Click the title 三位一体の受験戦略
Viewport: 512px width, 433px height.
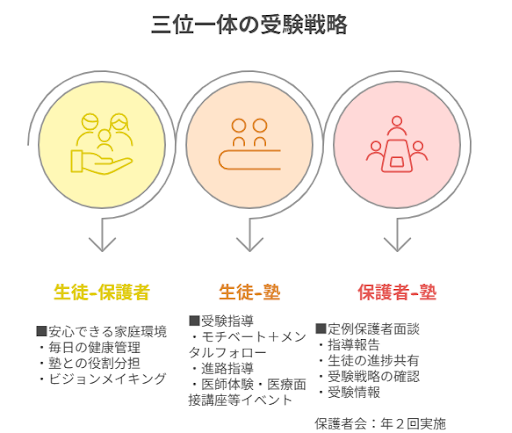[x=249, y=25]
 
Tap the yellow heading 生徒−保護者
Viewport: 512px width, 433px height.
[x=102, y=292]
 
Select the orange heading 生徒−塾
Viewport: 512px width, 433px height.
[x=250, y=292]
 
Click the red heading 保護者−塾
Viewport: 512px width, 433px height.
[x=397, y=292]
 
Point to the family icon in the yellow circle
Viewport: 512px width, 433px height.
[x=102, y=144]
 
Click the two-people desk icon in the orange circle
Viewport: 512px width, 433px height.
[x=250, y=144]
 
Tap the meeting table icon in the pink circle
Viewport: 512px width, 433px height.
[x=397, y=144]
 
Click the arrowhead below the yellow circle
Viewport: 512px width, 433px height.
[x=102, y=245]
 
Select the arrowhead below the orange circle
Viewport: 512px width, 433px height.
[x=250, y=245]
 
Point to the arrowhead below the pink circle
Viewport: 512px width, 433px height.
[x=397, y=245]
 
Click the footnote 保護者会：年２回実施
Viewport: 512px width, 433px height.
[x=380, y=424]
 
